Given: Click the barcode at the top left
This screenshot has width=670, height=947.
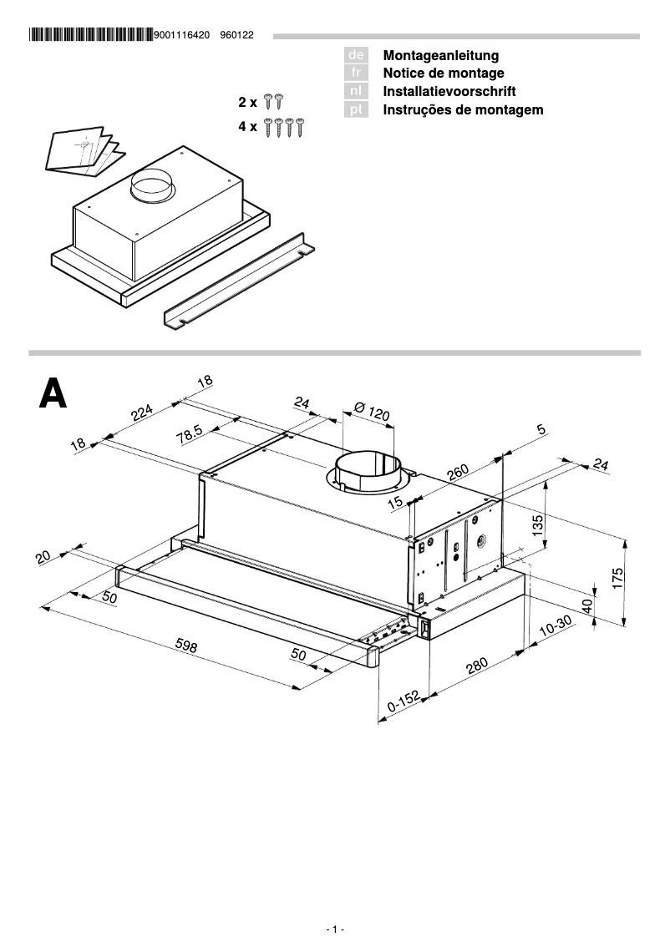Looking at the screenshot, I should click(90, 36).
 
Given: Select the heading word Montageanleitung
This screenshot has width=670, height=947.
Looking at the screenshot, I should click(440, 55).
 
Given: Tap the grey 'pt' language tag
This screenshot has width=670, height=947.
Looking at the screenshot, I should click(356, 110).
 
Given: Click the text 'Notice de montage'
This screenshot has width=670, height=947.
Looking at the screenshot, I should click(443, 73).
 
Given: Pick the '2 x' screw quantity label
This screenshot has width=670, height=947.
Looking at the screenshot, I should click(247, 102).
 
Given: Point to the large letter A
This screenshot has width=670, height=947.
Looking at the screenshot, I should click(53, 392).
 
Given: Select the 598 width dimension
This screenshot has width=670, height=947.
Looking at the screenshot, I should click(191, 649).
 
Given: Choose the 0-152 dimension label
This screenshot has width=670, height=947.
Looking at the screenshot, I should click(403, 705).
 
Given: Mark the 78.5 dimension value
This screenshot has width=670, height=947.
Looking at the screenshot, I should click(190, 434).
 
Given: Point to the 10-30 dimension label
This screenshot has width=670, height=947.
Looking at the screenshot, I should click(555, 628).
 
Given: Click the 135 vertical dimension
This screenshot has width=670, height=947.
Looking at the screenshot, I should click(539, 525).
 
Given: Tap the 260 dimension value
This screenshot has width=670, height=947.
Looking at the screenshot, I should click(458, 473).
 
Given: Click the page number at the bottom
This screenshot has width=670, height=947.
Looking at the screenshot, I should click(335, 929).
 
